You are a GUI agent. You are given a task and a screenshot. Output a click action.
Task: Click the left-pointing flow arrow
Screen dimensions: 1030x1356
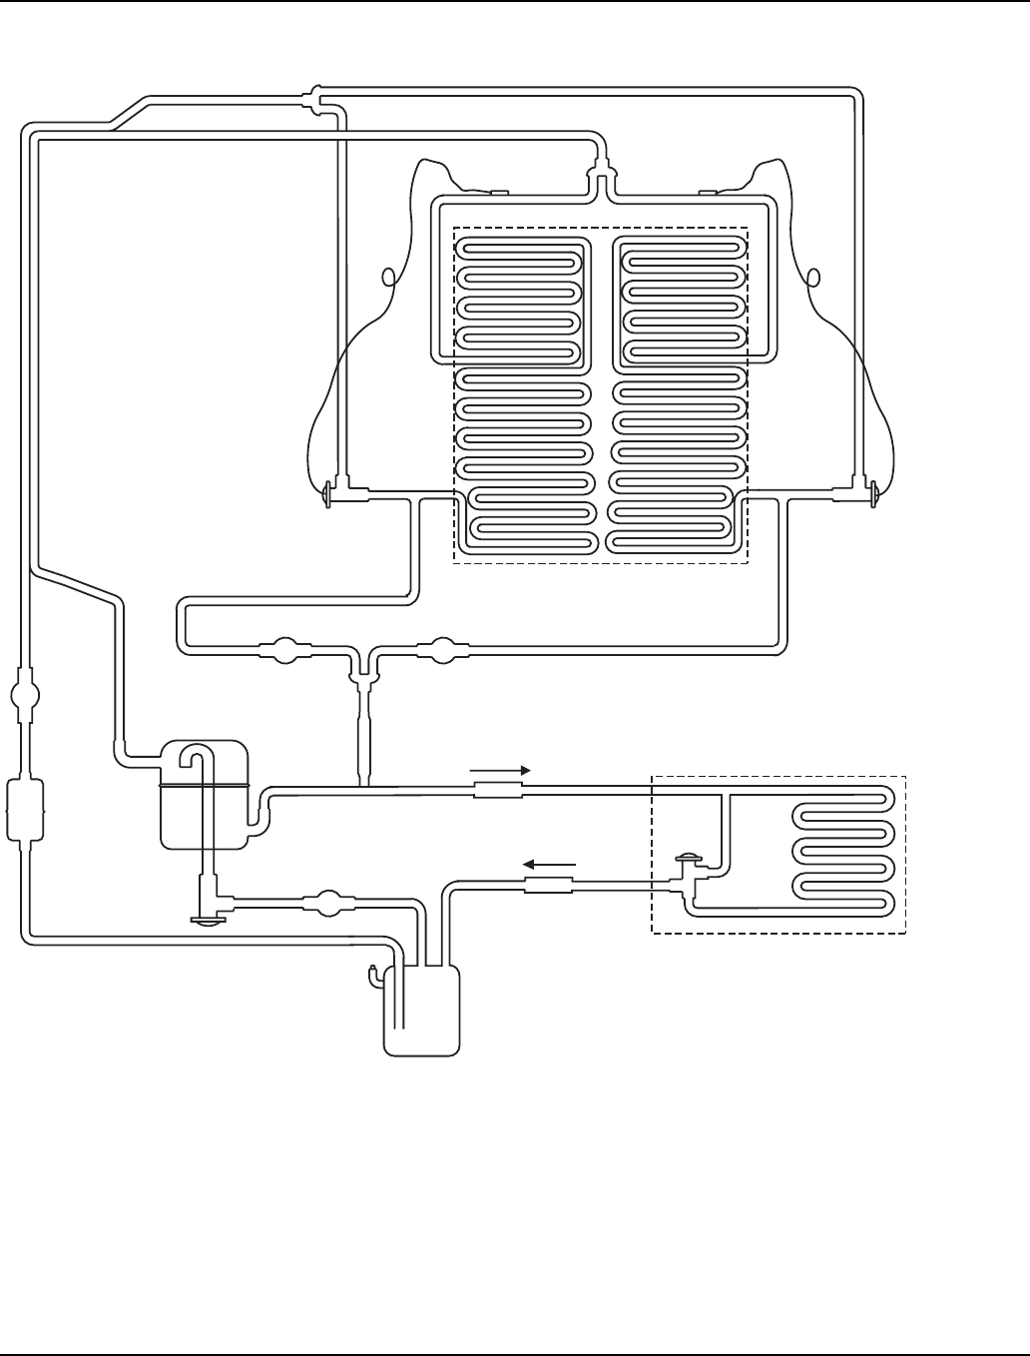(x=549, y=864)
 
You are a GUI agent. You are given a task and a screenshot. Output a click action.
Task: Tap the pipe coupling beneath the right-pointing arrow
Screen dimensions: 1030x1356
(x=497, y=790)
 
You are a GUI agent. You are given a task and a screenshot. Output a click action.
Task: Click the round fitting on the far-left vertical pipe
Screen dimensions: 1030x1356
(x=25, y=694)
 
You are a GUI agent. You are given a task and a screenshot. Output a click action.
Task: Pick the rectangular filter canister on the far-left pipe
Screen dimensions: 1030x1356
(x=24, y=810)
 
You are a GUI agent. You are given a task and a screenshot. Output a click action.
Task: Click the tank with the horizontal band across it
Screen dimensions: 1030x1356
(x=204, y=795)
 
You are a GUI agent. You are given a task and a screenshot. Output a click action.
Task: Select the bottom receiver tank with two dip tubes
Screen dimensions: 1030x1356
(x=422, y=1009)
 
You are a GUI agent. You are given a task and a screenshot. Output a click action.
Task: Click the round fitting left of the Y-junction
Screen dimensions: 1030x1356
(x=283, y=651)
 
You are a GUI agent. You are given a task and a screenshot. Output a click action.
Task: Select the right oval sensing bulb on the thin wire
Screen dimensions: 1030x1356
(x=812, y=277)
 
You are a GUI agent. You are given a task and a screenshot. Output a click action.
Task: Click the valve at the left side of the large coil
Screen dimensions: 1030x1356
(x=329, y=493)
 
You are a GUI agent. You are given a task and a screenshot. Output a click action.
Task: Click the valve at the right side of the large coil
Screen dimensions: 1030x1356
(x=874, y=492)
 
